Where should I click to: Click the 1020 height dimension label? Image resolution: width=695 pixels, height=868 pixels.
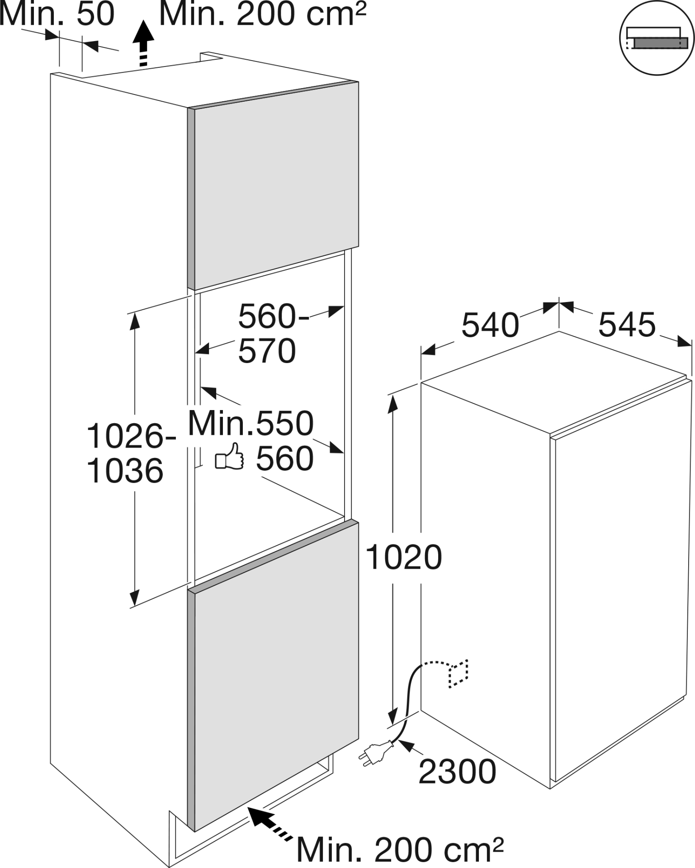403,557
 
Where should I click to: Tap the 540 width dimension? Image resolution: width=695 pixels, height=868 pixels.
490,325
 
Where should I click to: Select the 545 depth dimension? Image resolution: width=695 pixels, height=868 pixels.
627,324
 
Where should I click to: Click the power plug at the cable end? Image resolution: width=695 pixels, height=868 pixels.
376,753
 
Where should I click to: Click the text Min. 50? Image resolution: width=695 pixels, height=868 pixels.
57,14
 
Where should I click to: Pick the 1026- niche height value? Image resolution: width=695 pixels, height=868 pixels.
131,437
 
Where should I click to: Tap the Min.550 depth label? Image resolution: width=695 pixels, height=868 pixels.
251,424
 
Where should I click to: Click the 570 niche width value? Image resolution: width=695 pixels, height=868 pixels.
267,351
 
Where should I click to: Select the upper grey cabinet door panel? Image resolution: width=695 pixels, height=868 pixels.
273,185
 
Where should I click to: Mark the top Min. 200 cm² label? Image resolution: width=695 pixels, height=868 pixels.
262,14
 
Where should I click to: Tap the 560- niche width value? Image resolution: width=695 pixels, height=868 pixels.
274,316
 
